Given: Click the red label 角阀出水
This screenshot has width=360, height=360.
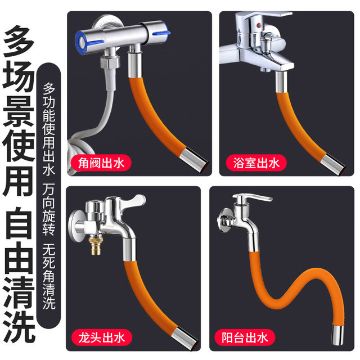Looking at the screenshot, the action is tap(101, 163).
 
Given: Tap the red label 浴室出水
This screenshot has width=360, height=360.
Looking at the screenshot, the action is tap(256, 163).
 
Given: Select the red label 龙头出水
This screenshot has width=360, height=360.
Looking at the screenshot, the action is tap(102, 337).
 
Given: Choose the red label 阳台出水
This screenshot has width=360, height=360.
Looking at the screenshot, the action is tap(245, 337).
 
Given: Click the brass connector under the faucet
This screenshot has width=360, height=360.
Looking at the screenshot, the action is tap(95, 245).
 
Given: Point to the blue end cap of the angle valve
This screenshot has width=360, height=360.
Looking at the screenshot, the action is tap(81, 43).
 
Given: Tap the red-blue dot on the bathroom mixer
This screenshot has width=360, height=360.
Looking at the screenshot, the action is tap(259, 25).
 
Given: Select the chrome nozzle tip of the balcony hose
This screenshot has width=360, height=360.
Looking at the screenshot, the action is tap(338, 335).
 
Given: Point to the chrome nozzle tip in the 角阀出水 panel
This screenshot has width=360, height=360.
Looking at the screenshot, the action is tap(194, 159).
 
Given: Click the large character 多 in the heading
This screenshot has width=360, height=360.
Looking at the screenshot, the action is tap(19, 41).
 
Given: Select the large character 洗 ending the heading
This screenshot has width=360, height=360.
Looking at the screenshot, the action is tap(19, 327).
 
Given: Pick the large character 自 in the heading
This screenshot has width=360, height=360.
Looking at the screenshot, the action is tap(19, 223).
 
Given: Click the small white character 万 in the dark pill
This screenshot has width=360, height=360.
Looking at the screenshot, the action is tap(49, 189).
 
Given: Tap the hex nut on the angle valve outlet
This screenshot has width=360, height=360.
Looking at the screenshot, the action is tap(110, 62).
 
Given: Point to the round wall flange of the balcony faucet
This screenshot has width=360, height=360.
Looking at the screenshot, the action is tap(224, 220).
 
